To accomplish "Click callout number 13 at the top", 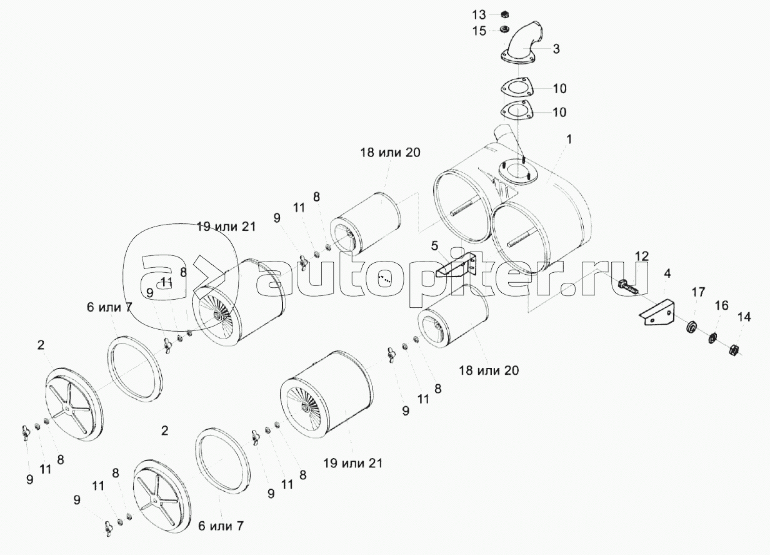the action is tap(479, 15).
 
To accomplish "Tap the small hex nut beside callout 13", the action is tap(504, 14).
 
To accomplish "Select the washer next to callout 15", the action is tap(504, 29).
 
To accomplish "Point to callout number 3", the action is tap(556, 49).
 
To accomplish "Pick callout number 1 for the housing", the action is tap(569, 140).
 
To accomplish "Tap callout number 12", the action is tap(641, 257).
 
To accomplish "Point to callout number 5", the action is tap(434, 246).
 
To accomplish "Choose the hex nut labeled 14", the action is tap(734, 350).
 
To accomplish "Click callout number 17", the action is tap(699, 292).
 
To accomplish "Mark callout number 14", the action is tap(744, 317).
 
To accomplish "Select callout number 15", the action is tap(479, 31).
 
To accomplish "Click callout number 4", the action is tap(667, 274).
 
